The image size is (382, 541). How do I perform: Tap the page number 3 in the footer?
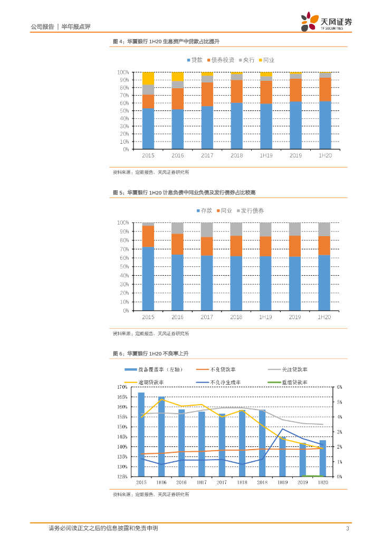(x=347, y=528)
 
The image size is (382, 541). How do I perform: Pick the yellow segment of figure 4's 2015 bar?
(x=148, y=78)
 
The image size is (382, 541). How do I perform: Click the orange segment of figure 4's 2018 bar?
(x=236, y=91)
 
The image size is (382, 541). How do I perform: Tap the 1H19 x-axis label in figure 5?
(x=265, y=318)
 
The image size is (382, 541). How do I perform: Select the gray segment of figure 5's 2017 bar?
(x=207, y=230)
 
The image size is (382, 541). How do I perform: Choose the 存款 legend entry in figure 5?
(x=204, y=210)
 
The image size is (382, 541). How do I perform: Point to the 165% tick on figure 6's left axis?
(x=122, y=397)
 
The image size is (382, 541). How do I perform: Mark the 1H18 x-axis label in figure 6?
(x=241, y=482)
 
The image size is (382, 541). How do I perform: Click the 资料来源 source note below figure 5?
(x=151, y=334)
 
